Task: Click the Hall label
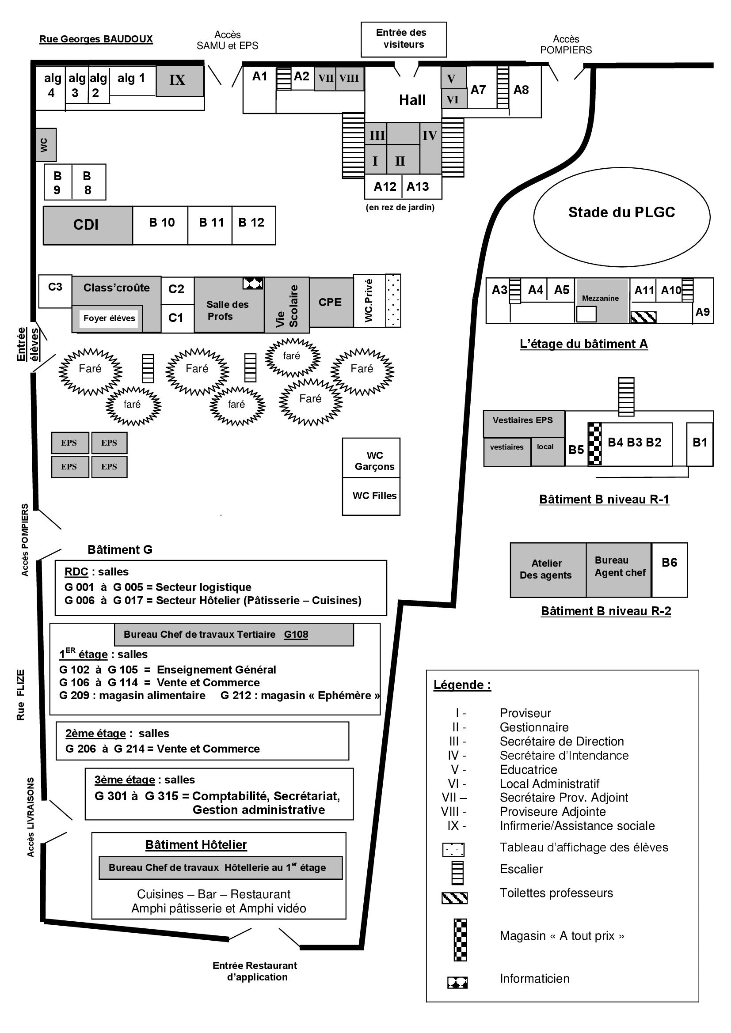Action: tap(412, 100)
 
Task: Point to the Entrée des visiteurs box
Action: tap(404, 39)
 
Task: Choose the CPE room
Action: tap(331, 303)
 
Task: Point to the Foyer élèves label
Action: tap(109, 318)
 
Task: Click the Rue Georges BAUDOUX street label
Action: tap(96, 39)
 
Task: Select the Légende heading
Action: tap(462, 685)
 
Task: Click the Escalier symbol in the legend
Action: tap(457, 873)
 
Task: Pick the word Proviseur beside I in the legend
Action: tap(525, 713)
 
